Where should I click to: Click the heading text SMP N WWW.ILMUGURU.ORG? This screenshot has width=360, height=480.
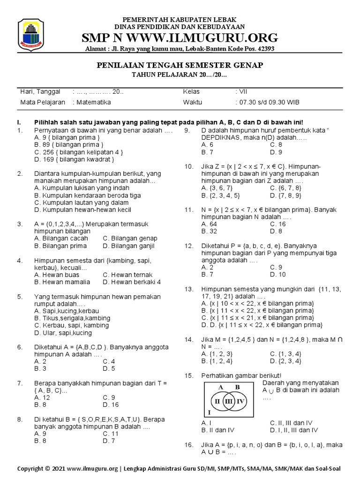coord(180,37)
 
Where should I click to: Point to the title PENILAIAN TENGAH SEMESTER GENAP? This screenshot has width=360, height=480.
coord(180,65)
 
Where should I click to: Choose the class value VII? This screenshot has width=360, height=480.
coord(240,91)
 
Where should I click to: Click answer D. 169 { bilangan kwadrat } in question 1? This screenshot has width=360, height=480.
coord(75,160)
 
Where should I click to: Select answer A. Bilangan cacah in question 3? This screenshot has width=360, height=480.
coord(61,238)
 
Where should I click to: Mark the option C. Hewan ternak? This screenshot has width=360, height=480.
coord(127,275)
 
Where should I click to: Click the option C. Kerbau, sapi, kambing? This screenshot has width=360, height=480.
coord(71,325)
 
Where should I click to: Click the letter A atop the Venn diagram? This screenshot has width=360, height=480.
coord(220,387)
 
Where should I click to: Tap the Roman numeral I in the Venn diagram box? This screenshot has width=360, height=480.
coord(209,412)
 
